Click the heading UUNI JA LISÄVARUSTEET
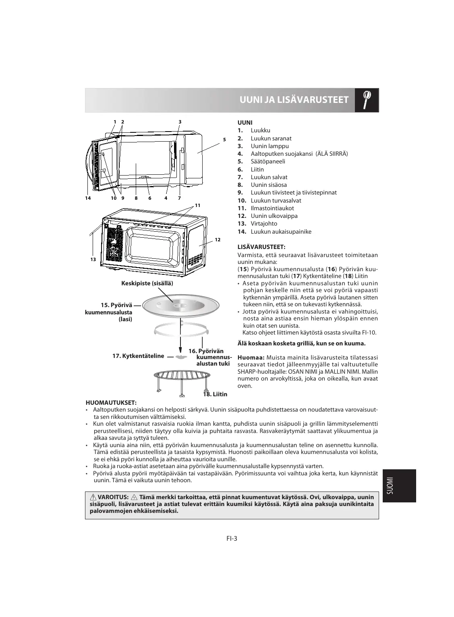(x=294, y=100)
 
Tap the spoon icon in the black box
(x=367, y=100)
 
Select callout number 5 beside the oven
(x=224, y=140)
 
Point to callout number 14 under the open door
(x=88, y=198)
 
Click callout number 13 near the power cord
(x=93, y=259)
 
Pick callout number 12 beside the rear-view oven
(x=218, y=240)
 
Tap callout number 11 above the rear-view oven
(x=197, y=205)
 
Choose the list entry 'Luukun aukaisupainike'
(x=280, y=232)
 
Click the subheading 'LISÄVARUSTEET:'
(x=261, y=247)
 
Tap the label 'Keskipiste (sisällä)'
(x=147, y=283)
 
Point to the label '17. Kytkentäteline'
(x=138, y=356)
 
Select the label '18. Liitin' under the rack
(x=215, y=394)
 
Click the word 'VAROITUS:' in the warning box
(x=113, y=497)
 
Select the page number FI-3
(x=232, y=538)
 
